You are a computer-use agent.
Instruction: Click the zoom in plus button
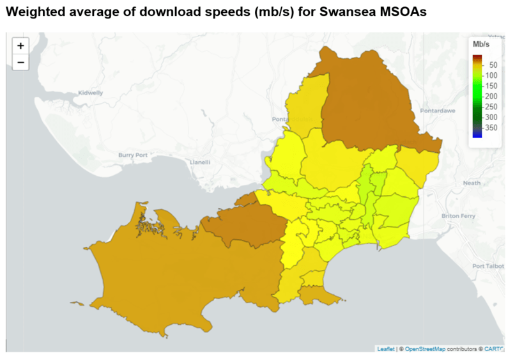click(x=20, y=46)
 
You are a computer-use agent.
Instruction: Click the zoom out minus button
click(x=20, y=62)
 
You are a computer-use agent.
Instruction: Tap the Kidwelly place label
click(x=89, y=93)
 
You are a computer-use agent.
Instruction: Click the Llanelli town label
click(x=200, y=162)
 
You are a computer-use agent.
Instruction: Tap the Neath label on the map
click(x=472, y=183)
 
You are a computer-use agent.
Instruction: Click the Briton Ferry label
click(x=458, y=216)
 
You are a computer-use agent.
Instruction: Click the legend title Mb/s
click(x=480, y=45)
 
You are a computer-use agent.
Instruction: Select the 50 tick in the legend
click(x=493, y=65)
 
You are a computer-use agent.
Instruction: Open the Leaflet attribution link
click(x=386, y=348)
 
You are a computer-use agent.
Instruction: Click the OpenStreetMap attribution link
click(x=426, y=348)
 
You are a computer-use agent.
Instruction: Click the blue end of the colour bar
click(x=477, y=134)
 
